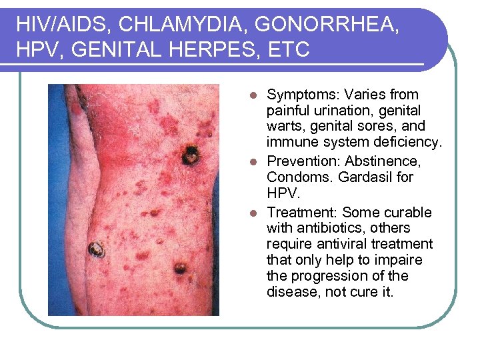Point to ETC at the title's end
pyautogui.click(x=291, y=50)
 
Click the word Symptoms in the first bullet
pyautogui.click(x=299, y=95)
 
